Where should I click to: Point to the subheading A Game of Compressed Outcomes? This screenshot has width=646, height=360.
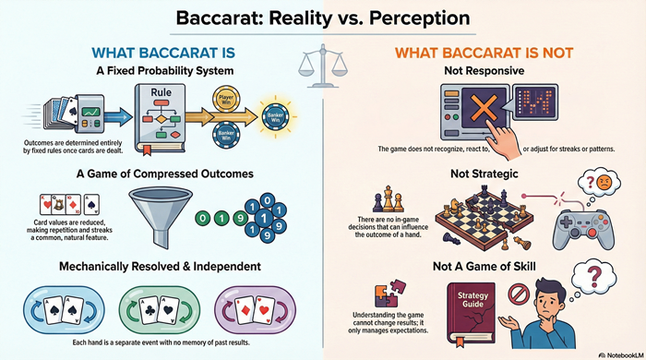click(159, 173)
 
